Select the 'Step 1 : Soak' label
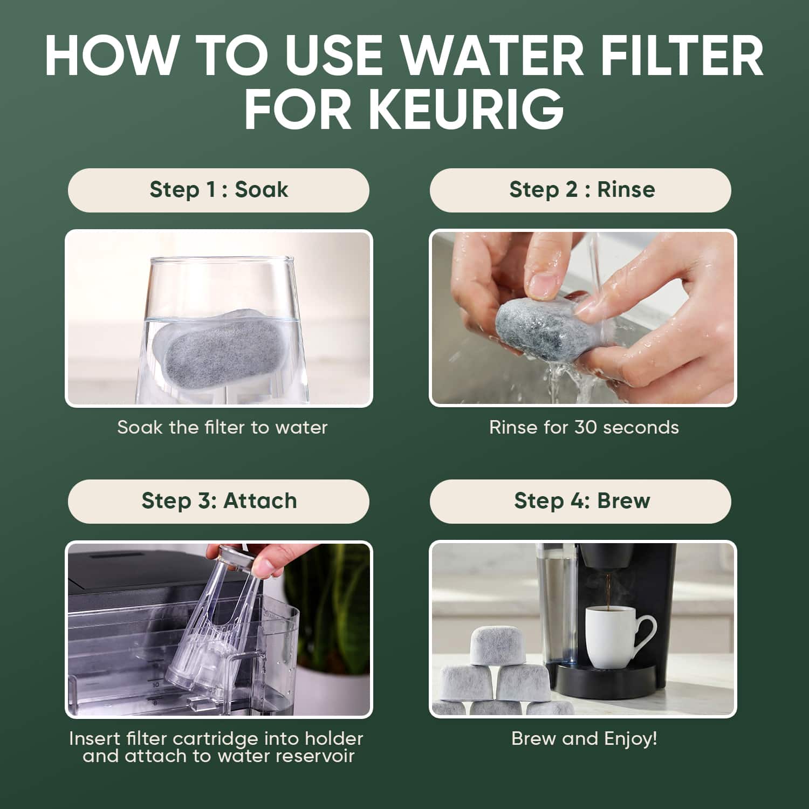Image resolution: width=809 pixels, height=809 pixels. [x=218, y=190]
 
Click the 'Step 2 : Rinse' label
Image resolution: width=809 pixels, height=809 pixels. [x=582, y=189]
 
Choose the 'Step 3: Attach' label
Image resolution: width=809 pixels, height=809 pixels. [x=219, y=501]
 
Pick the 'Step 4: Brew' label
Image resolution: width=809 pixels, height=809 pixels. [x=582, y=501]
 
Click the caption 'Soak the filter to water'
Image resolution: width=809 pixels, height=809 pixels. [x=222, y=428]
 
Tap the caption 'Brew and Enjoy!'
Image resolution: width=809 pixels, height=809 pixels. [x=584, y=738]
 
